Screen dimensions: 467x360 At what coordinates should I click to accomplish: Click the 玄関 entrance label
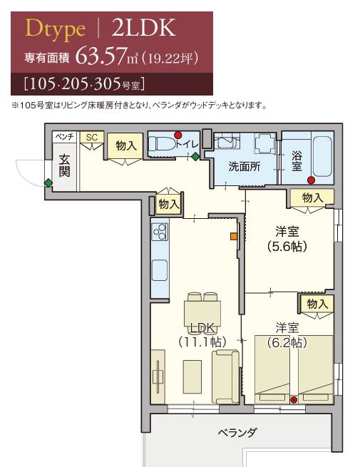click(x=63, y=166)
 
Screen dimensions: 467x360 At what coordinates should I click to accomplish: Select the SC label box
click(x=91, y=136)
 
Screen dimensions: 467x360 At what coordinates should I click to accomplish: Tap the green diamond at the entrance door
click(x=48, y=183)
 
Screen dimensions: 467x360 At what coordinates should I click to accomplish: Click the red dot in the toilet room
click(x=178, y=135)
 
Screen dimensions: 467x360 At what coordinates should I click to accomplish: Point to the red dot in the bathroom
click(x=311, y=180)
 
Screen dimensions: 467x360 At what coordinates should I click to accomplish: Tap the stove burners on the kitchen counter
click(x=159, y=232)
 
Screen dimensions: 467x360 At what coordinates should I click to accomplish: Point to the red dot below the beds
click(x=294, y=399)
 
